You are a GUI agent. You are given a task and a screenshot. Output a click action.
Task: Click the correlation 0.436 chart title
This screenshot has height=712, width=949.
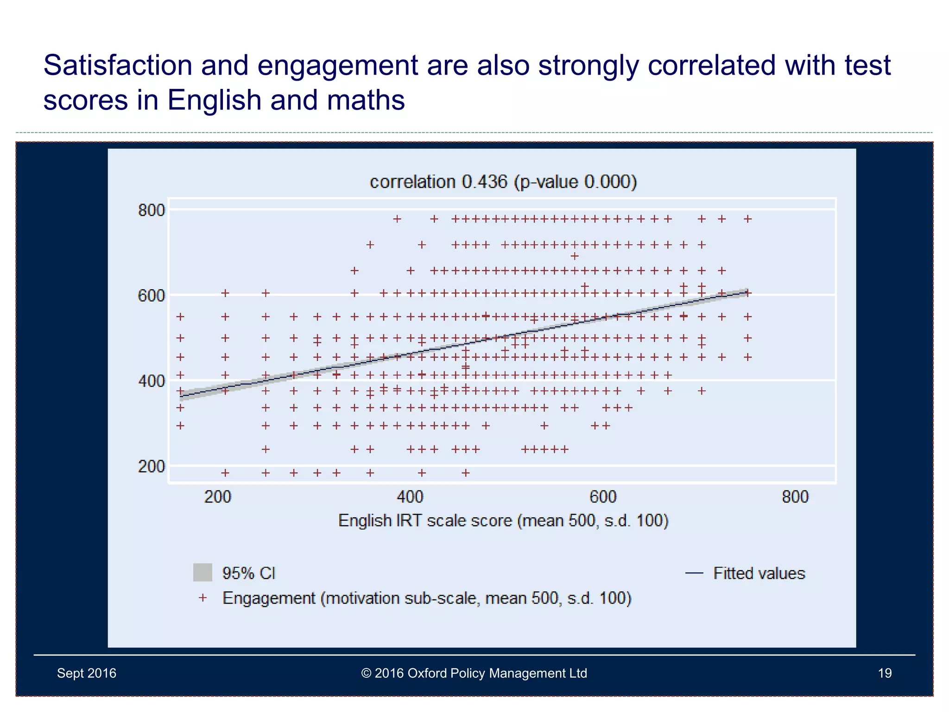tap(503, 182)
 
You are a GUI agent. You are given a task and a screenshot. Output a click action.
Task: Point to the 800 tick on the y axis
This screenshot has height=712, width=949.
tap(151, 210)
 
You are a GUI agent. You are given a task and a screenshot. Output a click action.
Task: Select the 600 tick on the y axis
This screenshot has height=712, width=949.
tap(151, 296)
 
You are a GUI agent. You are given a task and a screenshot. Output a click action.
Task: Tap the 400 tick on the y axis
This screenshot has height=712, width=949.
tap(151, 381)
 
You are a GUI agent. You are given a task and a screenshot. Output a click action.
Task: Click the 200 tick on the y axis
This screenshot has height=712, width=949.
tap(151, 466)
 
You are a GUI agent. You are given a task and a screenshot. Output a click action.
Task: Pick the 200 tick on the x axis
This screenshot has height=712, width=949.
tap(217, 497)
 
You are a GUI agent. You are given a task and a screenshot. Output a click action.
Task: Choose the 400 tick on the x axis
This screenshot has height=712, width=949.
tap(410, 497)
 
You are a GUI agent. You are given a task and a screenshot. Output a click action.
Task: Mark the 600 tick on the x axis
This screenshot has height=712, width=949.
tap(603, 497)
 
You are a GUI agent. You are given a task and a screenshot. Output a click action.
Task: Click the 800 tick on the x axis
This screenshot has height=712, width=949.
tap(795, 497)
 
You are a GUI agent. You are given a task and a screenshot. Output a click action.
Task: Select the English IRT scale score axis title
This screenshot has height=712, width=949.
tap(503, 521)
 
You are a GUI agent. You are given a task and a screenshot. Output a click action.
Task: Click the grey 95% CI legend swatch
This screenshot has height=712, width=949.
tap(202, 572)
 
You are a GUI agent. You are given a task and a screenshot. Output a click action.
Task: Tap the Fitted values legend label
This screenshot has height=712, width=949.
tap(759, 573)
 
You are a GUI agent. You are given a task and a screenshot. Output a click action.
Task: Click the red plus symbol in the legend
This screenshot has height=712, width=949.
tap(202, 598)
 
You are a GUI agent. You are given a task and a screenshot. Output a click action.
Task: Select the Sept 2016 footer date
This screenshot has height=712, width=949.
tap(87, 673)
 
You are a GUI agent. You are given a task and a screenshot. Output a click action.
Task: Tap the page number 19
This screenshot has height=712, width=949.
tap(885, 673)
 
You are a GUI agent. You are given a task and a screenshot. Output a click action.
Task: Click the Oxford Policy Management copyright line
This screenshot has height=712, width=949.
tap(474, 673)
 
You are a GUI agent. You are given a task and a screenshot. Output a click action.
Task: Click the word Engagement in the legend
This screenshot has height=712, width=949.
tap(269, 598)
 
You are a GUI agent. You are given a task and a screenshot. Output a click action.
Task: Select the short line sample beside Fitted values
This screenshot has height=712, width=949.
tap(694, 573)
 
